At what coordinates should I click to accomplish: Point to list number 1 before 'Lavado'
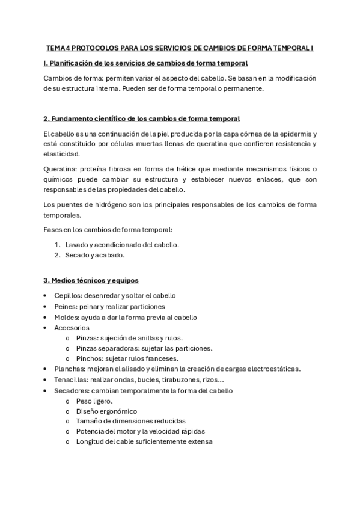coord(58,245)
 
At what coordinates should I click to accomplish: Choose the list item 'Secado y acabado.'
coord(95,255)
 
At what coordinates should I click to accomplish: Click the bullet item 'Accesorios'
coord(72,328)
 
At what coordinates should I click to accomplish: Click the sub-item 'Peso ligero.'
coord(94,401)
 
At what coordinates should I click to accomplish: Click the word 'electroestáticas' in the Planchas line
coord(273,369)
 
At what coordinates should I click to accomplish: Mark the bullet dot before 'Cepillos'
coord(46,296)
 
